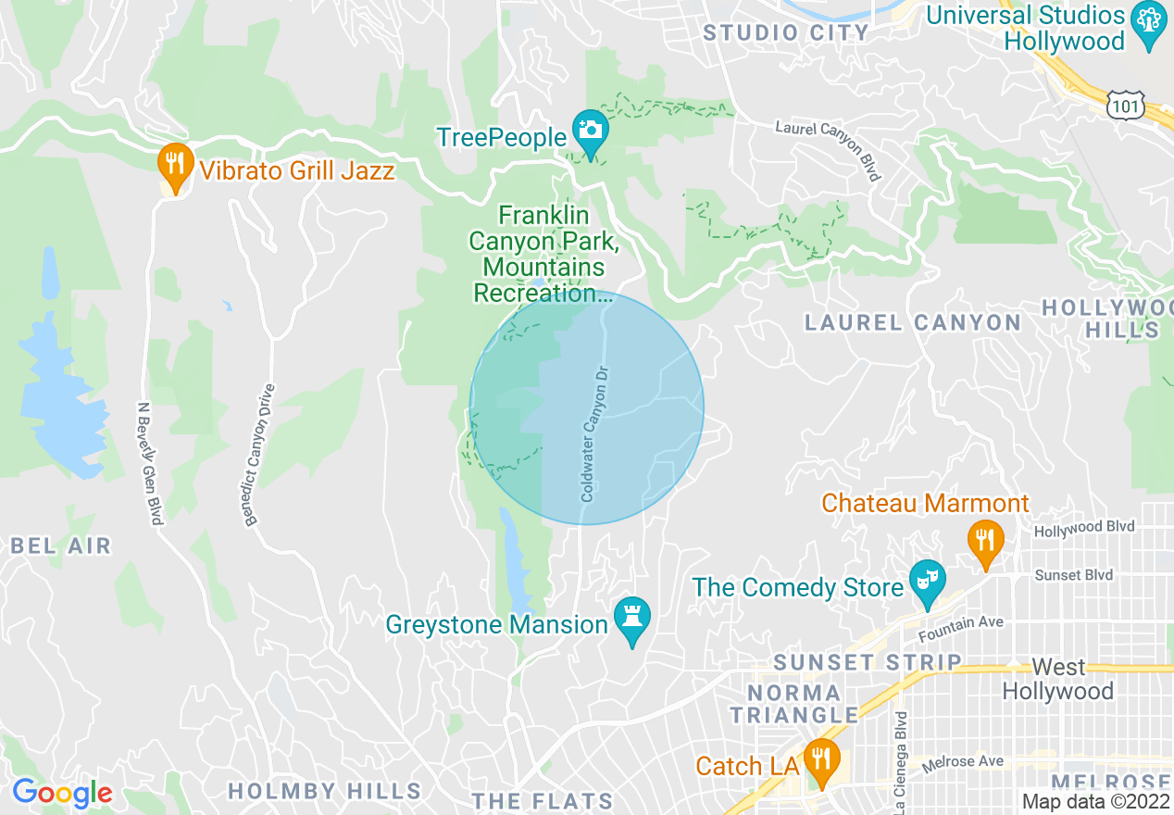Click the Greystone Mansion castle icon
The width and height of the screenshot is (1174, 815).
coord(632,620)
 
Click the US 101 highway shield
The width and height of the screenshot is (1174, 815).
coord(1126,105)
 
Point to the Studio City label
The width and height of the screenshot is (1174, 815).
coord(786,33)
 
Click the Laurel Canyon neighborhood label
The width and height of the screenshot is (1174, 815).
coord(913,322)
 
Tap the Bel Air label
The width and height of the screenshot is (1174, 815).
coord(61,545)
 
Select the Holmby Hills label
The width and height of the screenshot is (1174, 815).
coord(324,791)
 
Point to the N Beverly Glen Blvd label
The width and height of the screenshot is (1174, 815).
coord(149,462)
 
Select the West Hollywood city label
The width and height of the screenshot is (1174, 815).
coord(1058,680)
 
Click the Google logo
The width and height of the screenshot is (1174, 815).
coord(62,793)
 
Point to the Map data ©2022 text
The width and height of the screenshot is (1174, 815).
coord(1095,802)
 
